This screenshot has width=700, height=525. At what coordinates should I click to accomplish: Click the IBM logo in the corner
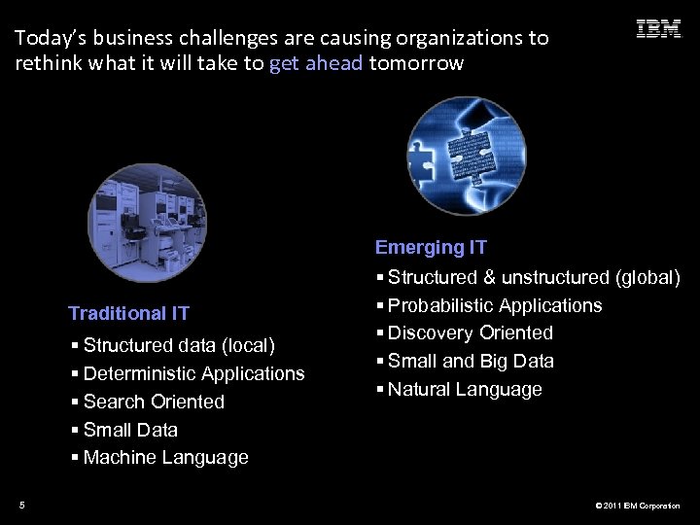pyautogui.click(x=658, y=29)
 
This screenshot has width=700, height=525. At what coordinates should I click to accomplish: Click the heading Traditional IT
pyautogui.click(x=128, y=313)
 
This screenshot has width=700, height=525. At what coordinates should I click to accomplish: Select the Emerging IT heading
pyautogui.click(x=431, y=248)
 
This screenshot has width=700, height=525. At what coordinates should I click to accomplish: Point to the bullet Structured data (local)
pyautogui.click(x=179, y=346)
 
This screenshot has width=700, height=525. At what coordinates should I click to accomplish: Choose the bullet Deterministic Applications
pyautogui.click(x=193, y=374)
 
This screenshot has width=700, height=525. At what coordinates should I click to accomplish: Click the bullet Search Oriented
pyautogui.click(x=154, y=402)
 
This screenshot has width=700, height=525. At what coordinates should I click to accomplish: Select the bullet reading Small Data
pyautogui.click(x=130, y=430)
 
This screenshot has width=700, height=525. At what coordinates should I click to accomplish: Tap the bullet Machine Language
pyautogui.click(x=165, y=457)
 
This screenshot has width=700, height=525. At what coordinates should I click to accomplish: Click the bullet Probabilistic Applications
pyautogui.click(x=494, y=305)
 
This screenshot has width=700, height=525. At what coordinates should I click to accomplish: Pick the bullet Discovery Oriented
pyautogui.click(x=470, y=332)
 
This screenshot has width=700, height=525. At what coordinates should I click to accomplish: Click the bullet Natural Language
pyautogui.click(x=464, y=389)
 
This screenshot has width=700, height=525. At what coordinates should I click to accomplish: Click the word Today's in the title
pyautogui.click(x=51, y=38)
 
